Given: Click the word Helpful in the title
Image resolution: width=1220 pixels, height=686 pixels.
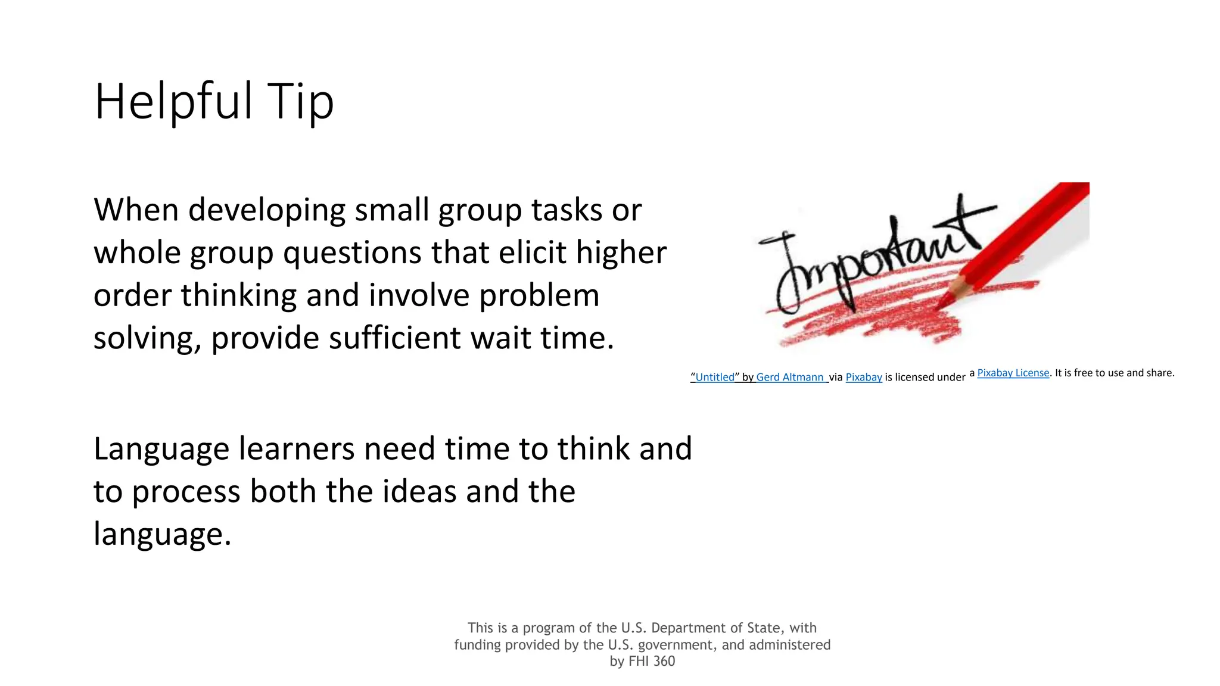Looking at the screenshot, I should coord(173,101).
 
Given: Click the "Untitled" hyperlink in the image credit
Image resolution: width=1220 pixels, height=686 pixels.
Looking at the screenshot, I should coord(715,377).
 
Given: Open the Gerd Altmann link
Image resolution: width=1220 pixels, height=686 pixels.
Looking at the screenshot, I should coord(790,377).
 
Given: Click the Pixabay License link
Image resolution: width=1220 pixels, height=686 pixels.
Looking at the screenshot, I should coord(1013,373).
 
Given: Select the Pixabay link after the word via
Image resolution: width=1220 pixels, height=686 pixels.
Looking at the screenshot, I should coord(864,377).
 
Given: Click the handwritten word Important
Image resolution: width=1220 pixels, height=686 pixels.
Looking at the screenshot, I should coord(870,262).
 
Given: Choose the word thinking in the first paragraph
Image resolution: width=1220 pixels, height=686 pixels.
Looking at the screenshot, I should coord(238,295).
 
